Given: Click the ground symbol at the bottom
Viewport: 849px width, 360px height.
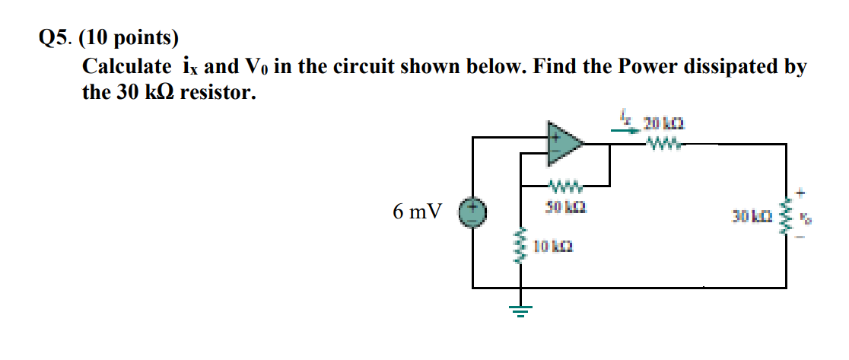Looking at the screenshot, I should (521, 311).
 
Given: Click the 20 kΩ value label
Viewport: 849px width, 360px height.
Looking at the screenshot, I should (658, 123).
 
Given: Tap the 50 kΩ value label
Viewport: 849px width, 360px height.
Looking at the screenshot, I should (564, 206).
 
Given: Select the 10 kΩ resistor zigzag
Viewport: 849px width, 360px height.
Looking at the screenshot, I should (521, 248).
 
